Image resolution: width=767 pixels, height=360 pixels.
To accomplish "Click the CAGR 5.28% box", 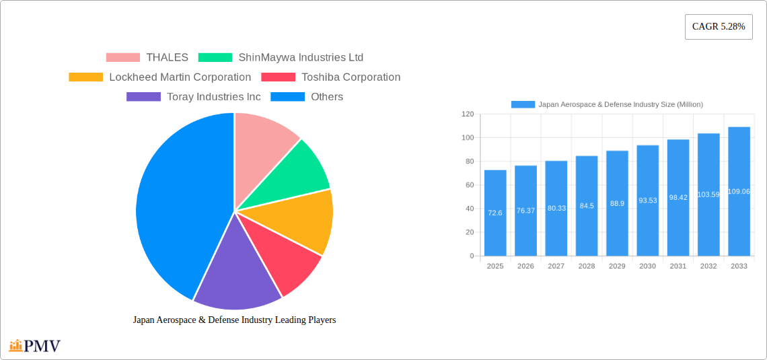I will pyautogui.click(x=719, y=27).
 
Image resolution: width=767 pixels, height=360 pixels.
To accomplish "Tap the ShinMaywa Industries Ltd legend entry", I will pyautogui.click(x=281, y=58).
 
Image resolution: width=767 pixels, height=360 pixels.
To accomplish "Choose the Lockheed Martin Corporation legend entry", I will pyautogui.click(x=159, y=77).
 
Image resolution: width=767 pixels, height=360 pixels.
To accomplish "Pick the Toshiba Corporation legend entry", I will pyautogui.click(x=330, y=77).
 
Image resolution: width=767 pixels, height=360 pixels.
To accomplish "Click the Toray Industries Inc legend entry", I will pyautogui.click(x=193, y=97).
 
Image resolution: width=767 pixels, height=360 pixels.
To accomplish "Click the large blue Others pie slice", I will pyautogui.click(x=175, y=202).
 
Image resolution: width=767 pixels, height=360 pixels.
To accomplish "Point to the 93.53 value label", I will pyautogui.click(x=647, y=201).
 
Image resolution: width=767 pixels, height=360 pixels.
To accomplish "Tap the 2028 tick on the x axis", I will pyautogui.click(x=587, y=266).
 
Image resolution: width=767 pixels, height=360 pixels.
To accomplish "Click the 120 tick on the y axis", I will pyautogui.click(x=468, y=114).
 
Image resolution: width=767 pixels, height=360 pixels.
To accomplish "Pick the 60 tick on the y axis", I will pyautogui.click(x=469, y=185).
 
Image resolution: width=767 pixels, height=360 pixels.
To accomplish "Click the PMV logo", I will pyautogui.click(x=35, y=346).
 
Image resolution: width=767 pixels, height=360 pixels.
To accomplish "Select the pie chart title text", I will pyautogui.click(x=234, y=320).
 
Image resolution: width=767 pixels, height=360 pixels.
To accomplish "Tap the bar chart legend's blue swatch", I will pyautogui.click(x=523, y=104).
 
